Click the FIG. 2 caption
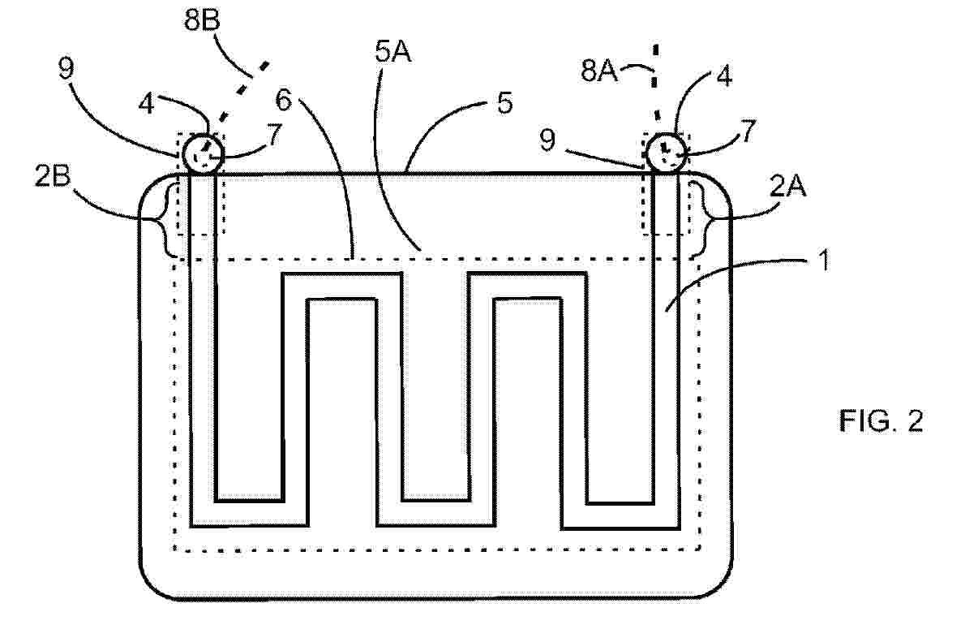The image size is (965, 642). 881,421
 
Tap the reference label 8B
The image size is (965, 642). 202,20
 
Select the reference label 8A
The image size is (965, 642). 598,71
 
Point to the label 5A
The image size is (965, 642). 393,53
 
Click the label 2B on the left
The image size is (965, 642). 53,176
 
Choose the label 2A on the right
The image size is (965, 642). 787,185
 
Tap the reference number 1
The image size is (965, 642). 823,261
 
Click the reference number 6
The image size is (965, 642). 283,100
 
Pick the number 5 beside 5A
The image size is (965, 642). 504,103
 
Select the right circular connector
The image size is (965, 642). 665,152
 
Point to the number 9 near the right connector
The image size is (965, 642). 547,140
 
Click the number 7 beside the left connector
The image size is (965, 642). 274,134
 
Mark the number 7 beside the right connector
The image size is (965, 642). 747,131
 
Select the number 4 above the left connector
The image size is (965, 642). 147,104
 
